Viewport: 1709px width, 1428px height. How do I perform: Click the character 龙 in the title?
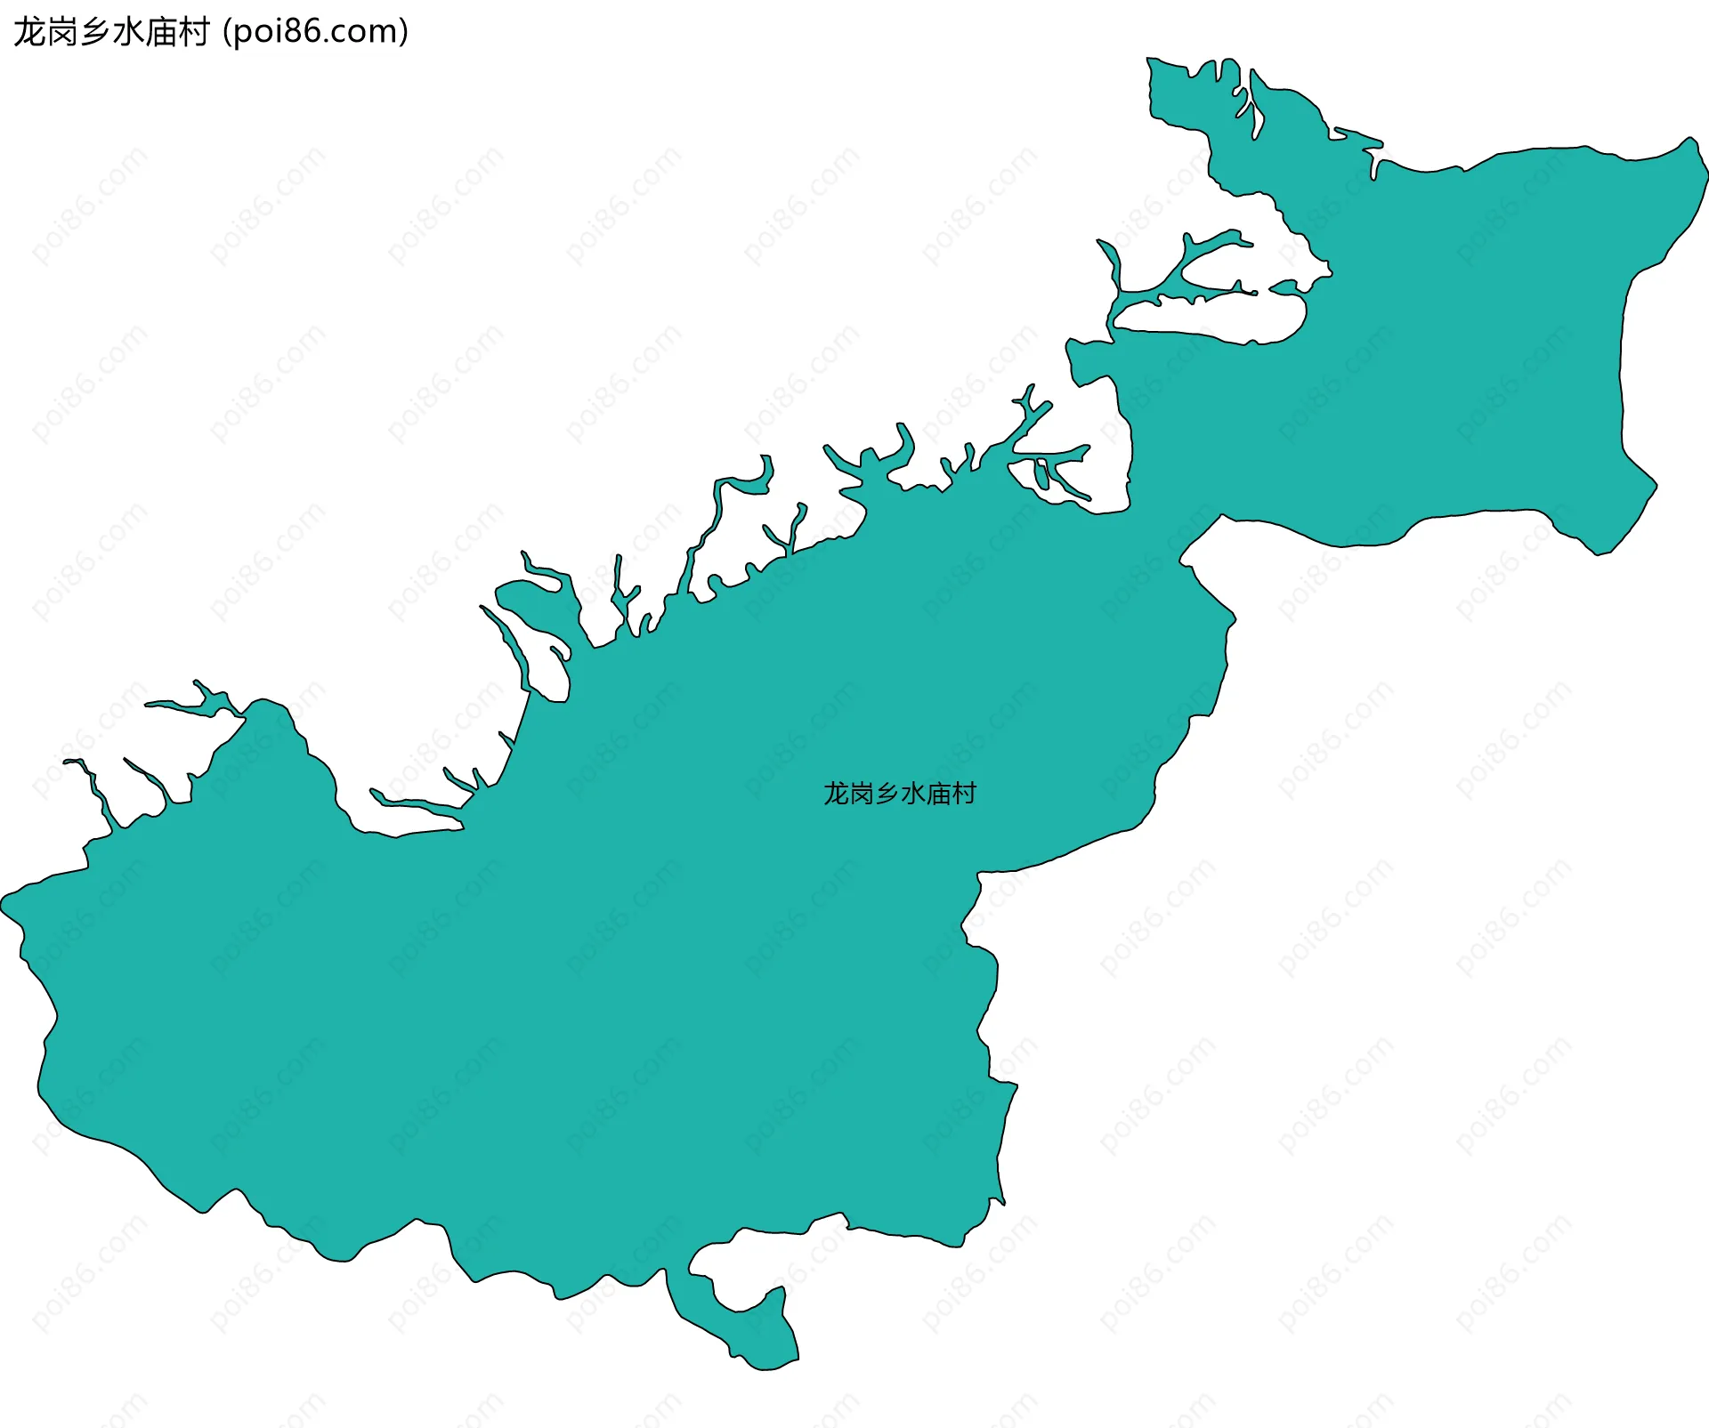pos(29,32)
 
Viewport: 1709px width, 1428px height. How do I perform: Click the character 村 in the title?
pos(193,32)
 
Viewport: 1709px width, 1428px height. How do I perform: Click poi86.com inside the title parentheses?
pos(316,32)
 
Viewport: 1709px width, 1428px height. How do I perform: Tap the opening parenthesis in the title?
pos(227,32)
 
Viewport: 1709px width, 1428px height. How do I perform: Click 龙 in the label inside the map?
pos(836,793)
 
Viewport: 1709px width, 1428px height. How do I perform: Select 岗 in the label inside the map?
pos(862,793)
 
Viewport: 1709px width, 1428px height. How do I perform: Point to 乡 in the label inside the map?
pos(887,793)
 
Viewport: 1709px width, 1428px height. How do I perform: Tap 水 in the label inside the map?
pos(913,793)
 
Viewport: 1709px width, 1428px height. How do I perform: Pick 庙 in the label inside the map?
pos(939,793)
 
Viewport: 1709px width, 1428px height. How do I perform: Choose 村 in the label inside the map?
pos(965,793)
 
